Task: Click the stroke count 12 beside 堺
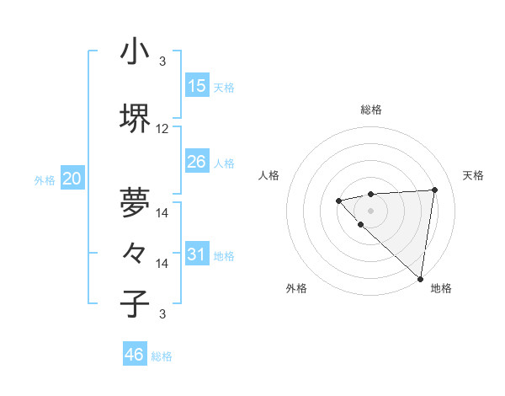tap(162, 129)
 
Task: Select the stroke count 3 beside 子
tap(162, 314)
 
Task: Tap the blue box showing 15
tap(197, 86)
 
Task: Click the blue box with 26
tap(197, 161)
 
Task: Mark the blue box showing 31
tap(197, 254)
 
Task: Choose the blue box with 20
tap(72, 178)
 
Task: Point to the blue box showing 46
tap(135, 355)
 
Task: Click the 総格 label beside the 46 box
tap(162, 356)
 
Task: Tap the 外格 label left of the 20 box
tap(45, 179)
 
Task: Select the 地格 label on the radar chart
tap(441, 288)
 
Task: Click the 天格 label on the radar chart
tap(474, 175)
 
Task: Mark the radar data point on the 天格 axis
tap(434, 190)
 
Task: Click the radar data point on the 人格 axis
tap(338, 201)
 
